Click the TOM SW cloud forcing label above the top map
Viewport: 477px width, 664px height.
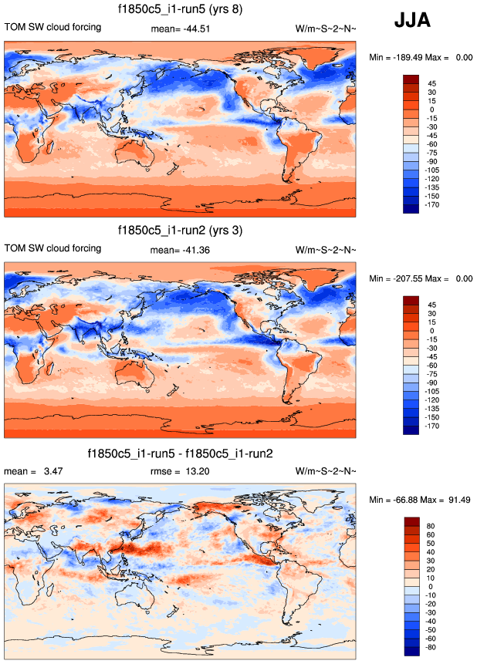point(53,28)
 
